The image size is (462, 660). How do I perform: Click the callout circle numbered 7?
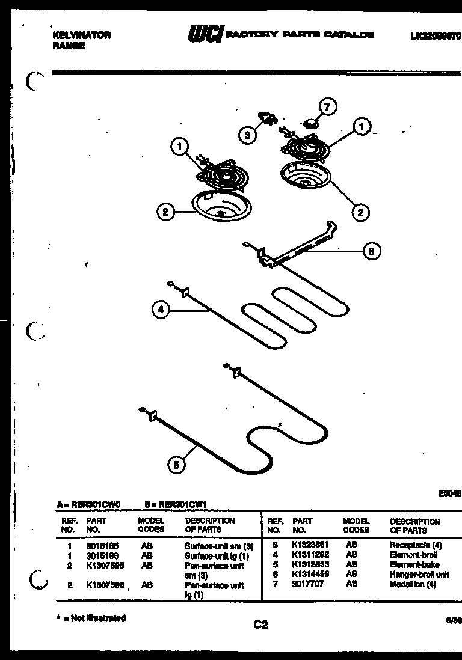click(327, 108)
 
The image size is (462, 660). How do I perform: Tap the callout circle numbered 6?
click(372, 252)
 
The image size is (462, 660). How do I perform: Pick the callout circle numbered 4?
click(160, 310)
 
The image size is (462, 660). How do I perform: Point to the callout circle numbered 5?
click(176, 463)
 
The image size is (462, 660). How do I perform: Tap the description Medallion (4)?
click(412, 583)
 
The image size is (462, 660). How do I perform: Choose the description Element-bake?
click(414, 565)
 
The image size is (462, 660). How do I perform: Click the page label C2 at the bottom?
click(260, 625)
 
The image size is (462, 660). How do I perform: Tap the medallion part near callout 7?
click(312, 124)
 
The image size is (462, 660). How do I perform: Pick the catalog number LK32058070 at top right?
click(436, 36)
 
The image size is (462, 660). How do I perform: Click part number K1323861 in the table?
click(307, 546)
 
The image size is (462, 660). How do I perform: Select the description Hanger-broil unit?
click(419, 574)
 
